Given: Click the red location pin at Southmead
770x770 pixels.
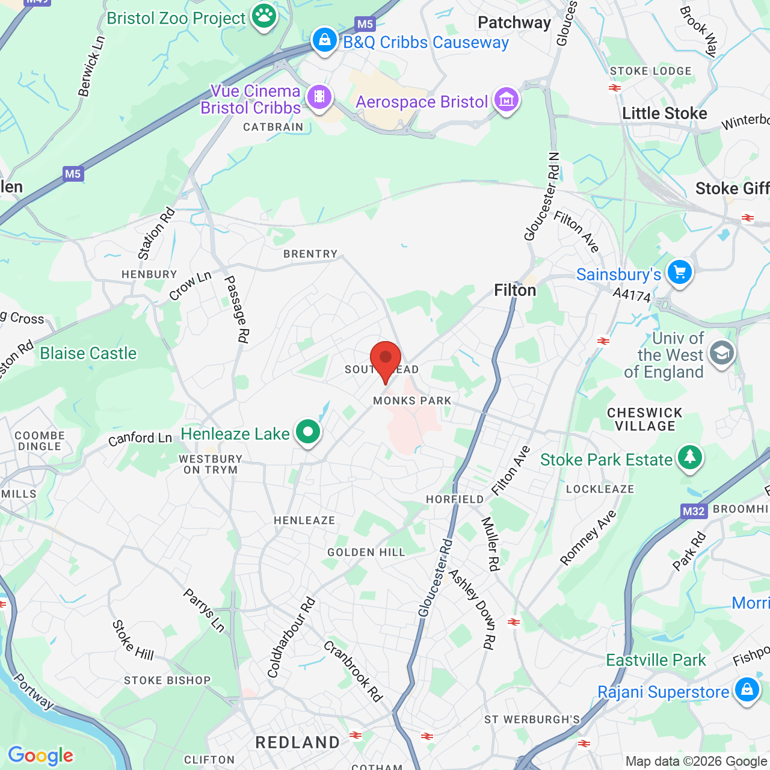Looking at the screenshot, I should [x=385, y=359].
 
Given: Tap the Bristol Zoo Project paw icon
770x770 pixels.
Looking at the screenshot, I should [x=264, y=16].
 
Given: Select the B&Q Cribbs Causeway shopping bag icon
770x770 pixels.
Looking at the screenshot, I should [x=325, y=40].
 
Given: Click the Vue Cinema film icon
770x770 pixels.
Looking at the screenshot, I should [x=319, y=97].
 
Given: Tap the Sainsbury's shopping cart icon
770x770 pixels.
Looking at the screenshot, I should [x=680, y=273].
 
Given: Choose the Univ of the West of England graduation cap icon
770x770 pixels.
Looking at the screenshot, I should [x=721, y=353].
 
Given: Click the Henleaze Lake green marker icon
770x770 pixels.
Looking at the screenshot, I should [x=309, y=432].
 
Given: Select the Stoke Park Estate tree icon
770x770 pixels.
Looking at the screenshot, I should [x=690, y=458].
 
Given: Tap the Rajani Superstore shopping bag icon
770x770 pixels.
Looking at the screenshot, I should [x=747, y=689].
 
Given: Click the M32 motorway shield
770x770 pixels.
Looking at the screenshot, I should [x=694, y=511].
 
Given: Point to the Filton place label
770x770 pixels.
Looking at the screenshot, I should [x=515, y=291].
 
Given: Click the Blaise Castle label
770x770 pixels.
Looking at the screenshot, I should [x=88, y=353].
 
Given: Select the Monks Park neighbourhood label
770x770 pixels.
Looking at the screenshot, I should [x=412, y=401].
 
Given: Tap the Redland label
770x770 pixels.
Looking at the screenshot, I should [x=298, y=742].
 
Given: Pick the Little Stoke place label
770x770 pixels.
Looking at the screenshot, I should [x=664, y=113].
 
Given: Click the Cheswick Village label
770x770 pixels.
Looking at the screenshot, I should [x=645, y=419].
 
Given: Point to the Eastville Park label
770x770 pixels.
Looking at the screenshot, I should [x=656, y=660].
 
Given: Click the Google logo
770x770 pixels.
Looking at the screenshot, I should [x=41, y=756].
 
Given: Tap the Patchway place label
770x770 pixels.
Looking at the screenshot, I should [x=514, y=23].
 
